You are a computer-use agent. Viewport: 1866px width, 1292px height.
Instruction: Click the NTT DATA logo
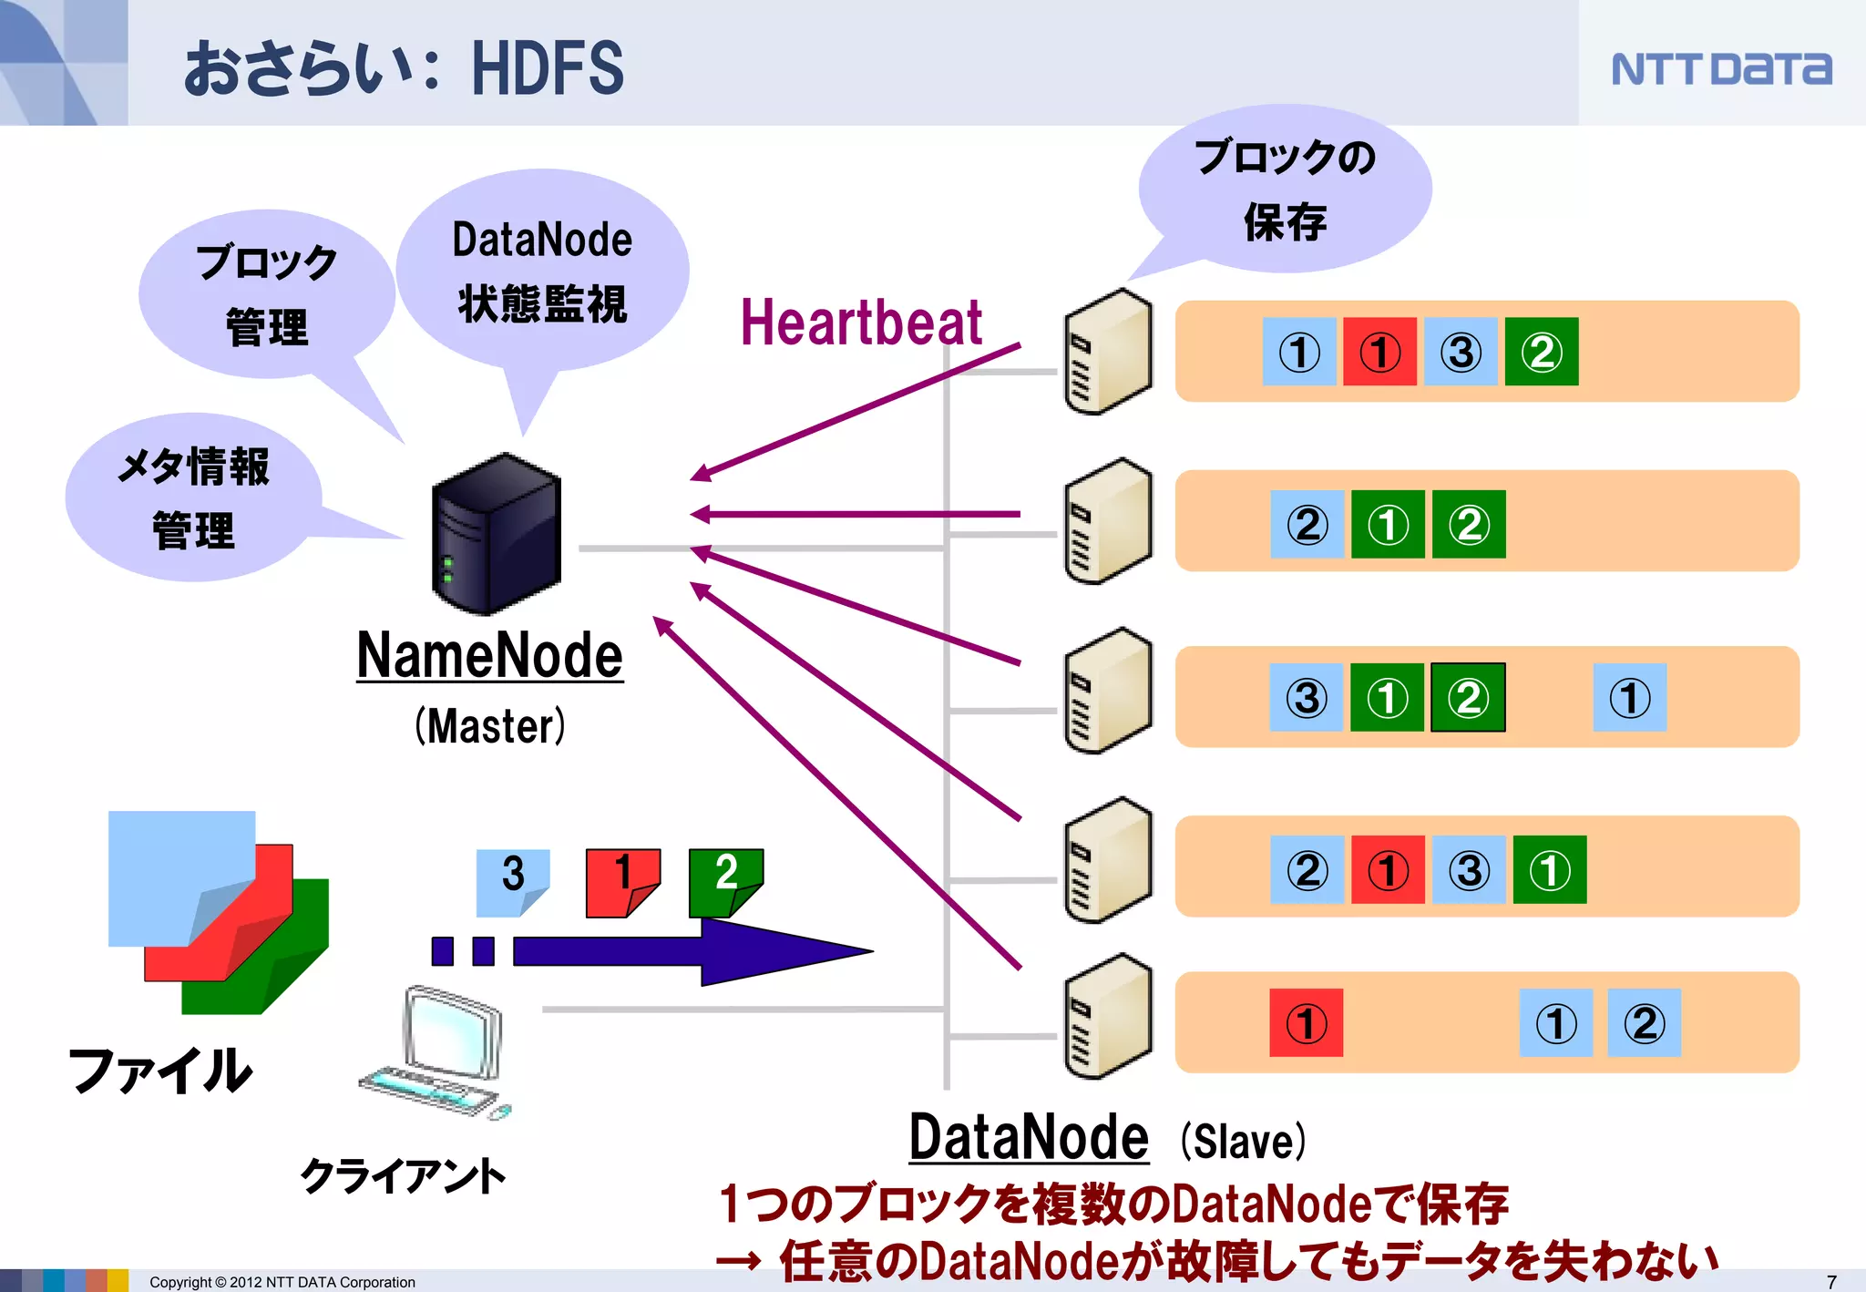pos(1720,68)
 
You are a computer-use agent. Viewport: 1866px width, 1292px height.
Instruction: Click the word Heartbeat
pos(861,323)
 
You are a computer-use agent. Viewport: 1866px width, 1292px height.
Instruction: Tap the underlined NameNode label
pos(489,656)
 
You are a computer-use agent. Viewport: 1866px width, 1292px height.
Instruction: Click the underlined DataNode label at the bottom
pos(1029,1138)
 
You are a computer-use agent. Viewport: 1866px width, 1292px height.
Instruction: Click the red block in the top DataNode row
pos(1379,352)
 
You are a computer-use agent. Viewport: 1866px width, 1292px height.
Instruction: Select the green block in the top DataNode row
pos(1541,352)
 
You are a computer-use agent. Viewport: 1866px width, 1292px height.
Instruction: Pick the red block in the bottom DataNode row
pos(1306,1022)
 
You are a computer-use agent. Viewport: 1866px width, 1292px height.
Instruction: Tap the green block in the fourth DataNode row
pos(1549,869)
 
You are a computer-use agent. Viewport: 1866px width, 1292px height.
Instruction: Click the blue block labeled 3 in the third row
pos(1306,697)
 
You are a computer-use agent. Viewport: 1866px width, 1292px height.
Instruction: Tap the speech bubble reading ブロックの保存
pos(1285,189)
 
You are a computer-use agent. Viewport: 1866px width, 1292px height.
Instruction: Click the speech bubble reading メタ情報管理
pos(193,497)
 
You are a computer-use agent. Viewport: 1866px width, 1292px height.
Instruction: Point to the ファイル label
pos(159,1070)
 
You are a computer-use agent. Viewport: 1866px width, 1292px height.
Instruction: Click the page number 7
pos(1831,1282)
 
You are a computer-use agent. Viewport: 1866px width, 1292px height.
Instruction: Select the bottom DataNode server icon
pos(1107,1018)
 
